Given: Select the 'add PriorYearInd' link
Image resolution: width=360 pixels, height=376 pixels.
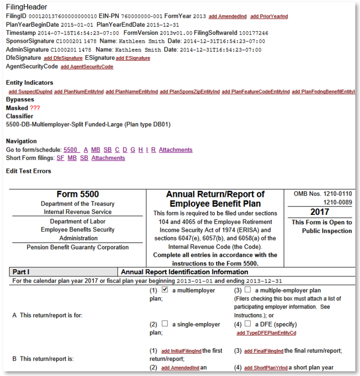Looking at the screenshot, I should coord(269,17).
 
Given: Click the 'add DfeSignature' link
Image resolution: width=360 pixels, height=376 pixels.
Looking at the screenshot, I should coord(63,58).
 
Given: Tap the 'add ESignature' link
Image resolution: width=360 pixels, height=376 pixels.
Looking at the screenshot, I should coord(133,58).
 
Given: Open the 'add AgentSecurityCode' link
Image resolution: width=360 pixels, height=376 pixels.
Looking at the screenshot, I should coord(87,67).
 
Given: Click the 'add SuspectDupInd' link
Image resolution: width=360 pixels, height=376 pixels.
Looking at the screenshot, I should coord(30,91).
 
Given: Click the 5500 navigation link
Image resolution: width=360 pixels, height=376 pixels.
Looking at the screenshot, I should coord(71,150).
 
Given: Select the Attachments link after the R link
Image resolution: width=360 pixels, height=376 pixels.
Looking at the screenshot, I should coord(175,150).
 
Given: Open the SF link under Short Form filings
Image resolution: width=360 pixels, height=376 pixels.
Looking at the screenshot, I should coord(61,158).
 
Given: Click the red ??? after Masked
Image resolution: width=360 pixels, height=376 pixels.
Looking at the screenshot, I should coord(35,108).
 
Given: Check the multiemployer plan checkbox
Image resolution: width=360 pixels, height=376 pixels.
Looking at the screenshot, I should coord(165,290).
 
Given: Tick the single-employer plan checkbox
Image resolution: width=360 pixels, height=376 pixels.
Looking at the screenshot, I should coord(165,324).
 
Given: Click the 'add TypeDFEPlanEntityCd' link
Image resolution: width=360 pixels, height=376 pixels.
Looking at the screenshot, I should coord(266,333).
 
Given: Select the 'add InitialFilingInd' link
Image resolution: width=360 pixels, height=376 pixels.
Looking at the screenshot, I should coord(181,351).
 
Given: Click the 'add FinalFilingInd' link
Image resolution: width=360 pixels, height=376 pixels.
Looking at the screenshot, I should coord(264,351).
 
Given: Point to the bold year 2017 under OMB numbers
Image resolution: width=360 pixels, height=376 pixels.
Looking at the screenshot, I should coord(320,212).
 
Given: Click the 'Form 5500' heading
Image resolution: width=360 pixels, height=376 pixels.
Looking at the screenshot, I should coord(77,194).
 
